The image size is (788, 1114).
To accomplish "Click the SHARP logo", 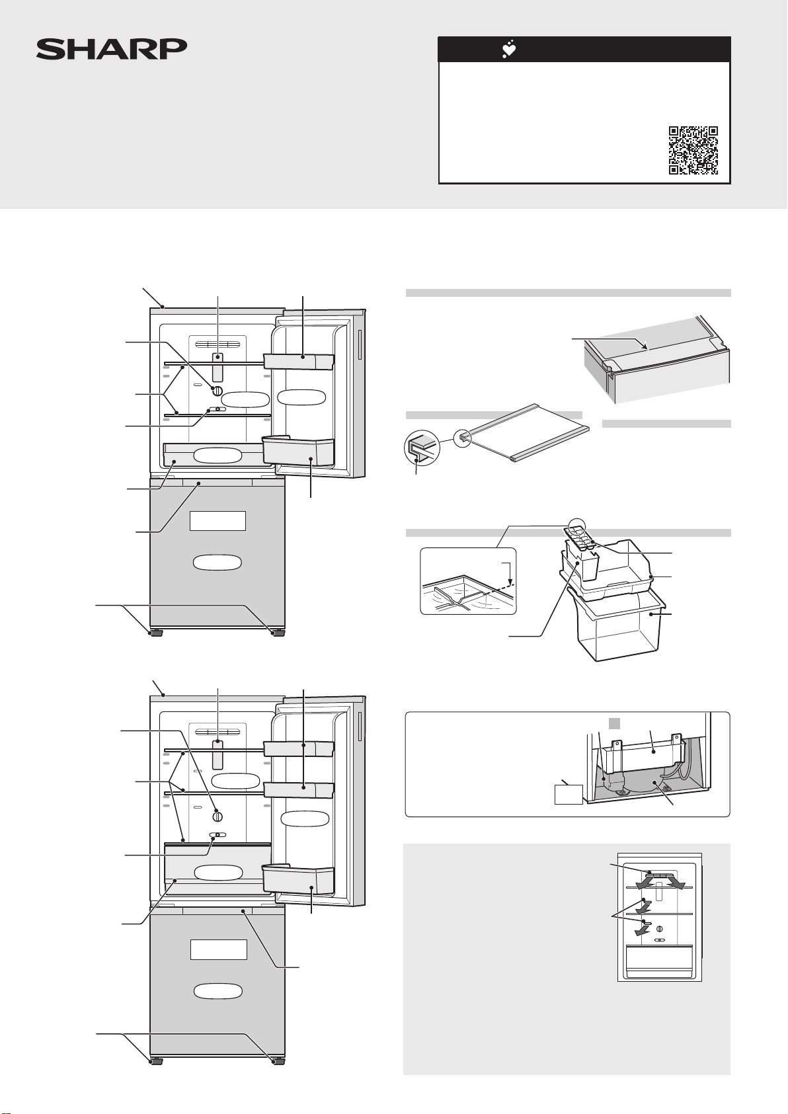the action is [x=112, y=49].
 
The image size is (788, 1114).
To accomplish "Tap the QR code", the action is [x=693, y=150].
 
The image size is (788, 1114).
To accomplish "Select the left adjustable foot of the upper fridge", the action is [x=157, y=632].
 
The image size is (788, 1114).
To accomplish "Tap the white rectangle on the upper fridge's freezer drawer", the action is [x=217, y=520].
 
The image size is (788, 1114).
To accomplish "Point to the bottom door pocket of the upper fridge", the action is [x=298, y=452].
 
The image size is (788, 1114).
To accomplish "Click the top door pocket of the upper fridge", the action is [x=298, y=360].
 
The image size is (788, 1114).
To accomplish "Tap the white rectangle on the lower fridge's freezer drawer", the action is [x=219, y=949].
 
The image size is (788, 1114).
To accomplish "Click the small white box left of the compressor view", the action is [x=569, y=793].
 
